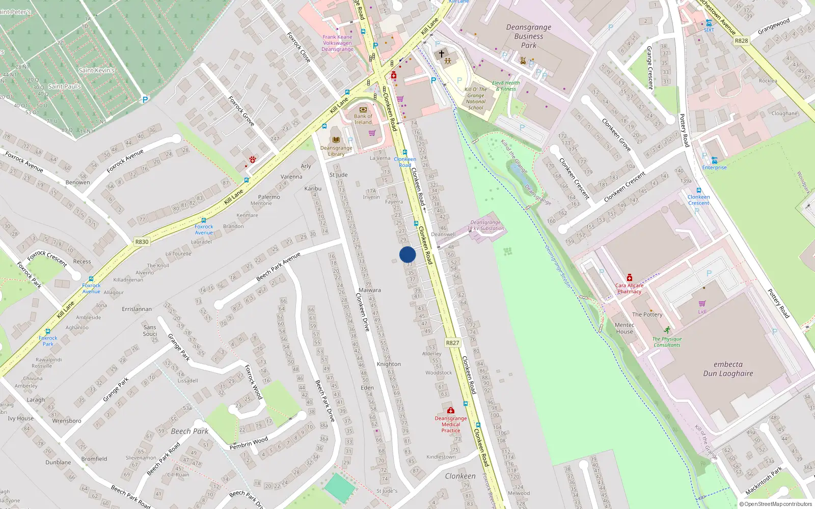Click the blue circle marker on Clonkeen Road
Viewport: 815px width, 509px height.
click(x=407, y=254)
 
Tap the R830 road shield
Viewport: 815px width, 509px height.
click(x=142, y=242)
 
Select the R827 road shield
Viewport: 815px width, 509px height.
click(x=452, y=343)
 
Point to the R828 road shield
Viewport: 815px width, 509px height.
click(x=742, y=41)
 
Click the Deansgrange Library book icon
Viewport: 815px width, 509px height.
click(x=336, y=140)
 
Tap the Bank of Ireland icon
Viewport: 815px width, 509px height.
click(x=363, y=109)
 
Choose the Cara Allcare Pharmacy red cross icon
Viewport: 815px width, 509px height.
click(x=629, y=278)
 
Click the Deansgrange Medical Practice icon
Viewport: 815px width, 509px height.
click(x=450, y=410)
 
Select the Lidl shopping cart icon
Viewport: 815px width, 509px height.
click(x=702, y=304)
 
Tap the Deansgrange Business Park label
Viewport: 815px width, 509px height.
click(x=529, y=36)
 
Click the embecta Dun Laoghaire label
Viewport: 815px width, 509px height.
click(x=728, y=369)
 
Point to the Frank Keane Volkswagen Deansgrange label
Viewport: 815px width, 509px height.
click(x=337, y=43)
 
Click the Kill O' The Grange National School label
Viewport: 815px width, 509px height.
click(x=476, y=98)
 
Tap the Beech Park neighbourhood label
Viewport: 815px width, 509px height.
click(x=189, y=431)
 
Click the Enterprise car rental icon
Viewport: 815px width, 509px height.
click(x=714, y=160)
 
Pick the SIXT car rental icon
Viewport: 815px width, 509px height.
click(x=709, y=23)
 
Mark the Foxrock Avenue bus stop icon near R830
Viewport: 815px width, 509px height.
click(x=204, y=220)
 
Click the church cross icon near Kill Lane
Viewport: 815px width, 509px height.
click(x=442, y=53)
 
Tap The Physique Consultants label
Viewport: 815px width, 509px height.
click(x=667, y=342)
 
